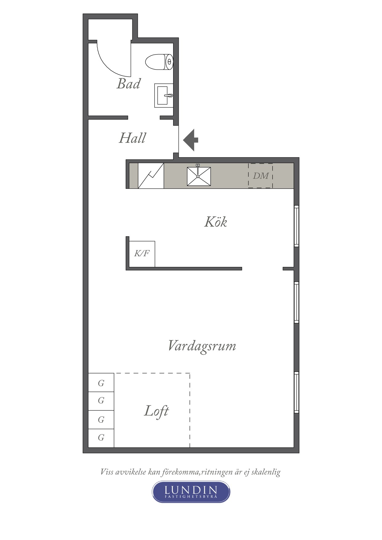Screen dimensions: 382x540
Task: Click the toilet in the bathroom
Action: tap(159, 62)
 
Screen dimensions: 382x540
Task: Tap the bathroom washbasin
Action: tap(164, 95)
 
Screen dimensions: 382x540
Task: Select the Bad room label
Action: tap(128, 84)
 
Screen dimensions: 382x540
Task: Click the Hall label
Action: tap(132, 138)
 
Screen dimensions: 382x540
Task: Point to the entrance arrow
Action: tap(191, 140)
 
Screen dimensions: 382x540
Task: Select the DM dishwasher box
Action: tap(261, 176)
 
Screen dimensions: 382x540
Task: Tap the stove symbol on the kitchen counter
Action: tap(151, 176)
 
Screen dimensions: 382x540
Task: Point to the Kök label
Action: tap(216, 222)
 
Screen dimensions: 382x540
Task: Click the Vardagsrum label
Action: tap(202, 346)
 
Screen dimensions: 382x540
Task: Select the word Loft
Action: tap(156, 411)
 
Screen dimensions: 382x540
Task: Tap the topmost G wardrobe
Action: tap(101, 383)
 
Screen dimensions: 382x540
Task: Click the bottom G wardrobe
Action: tap(101, 438)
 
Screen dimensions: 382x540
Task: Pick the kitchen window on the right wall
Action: tap(296, 226)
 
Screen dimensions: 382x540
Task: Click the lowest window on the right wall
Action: tap(296, 392)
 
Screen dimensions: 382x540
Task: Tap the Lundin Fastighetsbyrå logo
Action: tap(191, 492)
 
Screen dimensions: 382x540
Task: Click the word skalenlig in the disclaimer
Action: tap(266, 472)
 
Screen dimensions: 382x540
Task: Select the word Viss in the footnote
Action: tap(107, 472)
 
